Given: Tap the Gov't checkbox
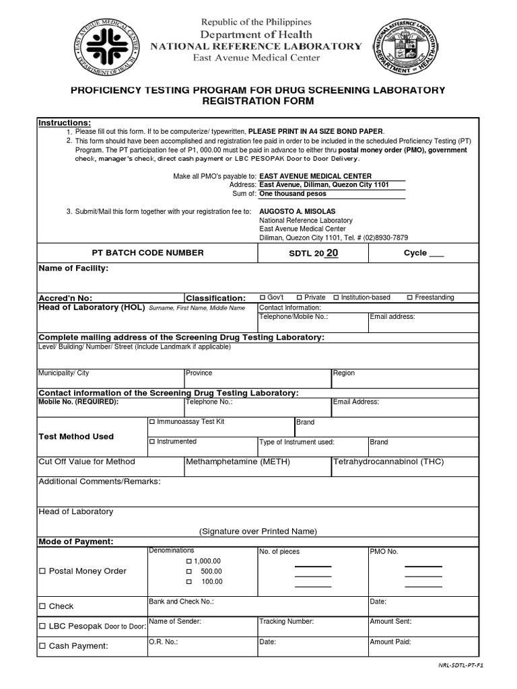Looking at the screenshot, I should [x=263, y=297].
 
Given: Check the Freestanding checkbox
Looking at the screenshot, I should [x=410, y=297].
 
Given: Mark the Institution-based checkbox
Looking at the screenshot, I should [x=336, y=297].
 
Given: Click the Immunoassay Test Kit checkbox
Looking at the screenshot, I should [x=152, y=422].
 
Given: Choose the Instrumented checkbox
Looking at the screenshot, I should [x=152, y=442].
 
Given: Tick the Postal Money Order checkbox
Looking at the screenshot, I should [x=42, y=571].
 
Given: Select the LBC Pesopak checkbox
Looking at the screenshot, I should [x=42, y=626].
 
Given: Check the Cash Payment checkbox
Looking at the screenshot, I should [x=42, y=647].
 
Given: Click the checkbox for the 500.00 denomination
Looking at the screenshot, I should [x=189, y=571].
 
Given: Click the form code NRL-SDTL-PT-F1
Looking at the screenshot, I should [x=461, y=665].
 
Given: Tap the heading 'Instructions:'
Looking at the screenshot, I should [x=65, y=122].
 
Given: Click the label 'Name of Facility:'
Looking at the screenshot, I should [x=73, y=268].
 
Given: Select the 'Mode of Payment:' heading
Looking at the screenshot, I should [x=76, y=542].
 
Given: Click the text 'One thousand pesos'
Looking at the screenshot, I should [x=293, y=194].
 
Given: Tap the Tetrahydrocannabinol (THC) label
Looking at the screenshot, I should [x=388, y=462].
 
